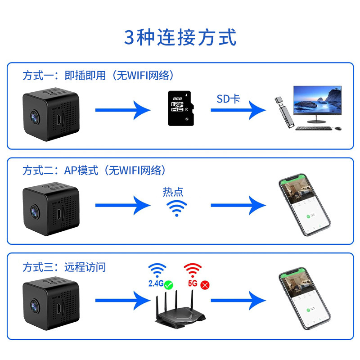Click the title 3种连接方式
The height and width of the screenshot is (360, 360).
click(x=180, y=37)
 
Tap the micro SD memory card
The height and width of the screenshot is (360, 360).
click(x=181, y=108)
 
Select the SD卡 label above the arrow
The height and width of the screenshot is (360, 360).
click(x=228, y=99)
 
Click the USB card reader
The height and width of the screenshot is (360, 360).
click(x=284, y=112)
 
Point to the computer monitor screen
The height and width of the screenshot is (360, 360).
click(x=317, y=100)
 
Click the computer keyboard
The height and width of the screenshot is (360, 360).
click(x=313, y=128)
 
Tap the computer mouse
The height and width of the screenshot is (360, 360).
click(x=338, y=128)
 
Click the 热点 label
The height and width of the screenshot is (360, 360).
click(x=173, y=192)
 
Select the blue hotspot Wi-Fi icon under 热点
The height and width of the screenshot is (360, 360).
click(x=176, y=208)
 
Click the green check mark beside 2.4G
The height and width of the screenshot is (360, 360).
click(x=168, y=285)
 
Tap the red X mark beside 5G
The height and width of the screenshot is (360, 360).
click(x=205, y=285)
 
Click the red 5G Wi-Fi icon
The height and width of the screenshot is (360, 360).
click(x=193, y=270)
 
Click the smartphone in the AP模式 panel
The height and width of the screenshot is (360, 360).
click(x=305, y=205)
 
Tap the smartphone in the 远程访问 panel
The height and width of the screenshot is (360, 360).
click(x=305, y=298)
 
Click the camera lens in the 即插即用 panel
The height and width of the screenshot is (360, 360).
click(x=35, y=117)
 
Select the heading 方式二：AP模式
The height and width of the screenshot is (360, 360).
click(x=60, y=171)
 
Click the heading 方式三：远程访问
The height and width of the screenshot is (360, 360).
click(x=64, y=267)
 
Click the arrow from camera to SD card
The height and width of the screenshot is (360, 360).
click(x=123, y=110)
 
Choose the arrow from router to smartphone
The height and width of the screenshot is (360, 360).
click(x=238, y=300)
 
